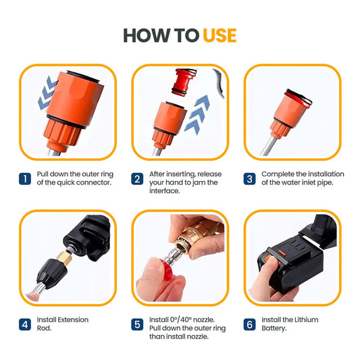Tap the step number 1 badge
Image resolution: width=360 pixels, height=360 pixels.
click(x=25, y=179)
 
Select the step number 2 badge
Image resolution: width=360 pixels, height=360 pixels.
click(x=137, y=179)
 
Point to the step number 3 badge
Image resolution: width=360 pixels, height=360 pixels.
click(x=249, y=179)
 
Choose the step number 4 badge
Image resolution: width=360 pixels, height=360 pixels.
click(x=25, y=324)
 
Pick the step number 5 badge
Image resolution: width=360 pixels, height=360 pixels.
click(x=137, y=324)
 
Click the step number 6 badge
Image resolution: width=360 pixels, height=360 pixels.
click(x=249, y=324)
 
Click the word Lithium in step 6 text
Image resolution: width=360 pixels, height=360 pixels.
click(x=304, y=319)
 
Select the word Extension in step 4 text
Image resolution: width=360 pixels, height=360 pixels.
click(x=72, y=319)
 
